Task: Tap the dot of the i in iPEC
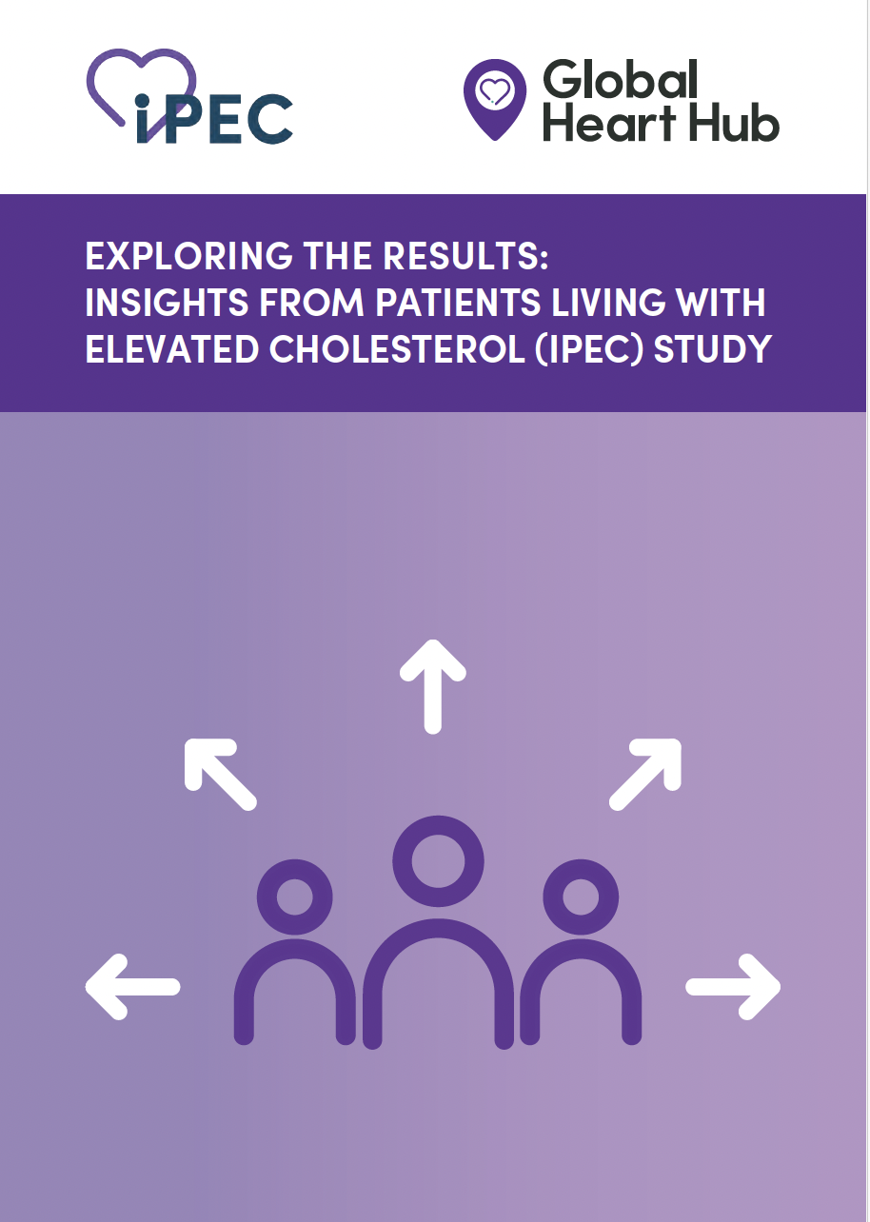coord(142,101)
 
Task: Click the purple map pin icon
coord(494,99)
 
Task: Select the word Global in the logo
coord(621,80)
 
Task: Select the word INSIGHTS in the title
coord(167,303)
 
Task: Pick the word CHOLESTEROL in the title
coord(397,349)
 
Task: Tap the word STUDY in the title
coord(712,349)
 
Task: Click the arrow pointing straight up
coord(432,687)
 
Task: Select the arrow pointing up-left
coord(221,775)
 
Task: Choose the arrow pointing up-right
coord(645,775)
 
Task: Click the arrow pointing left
coord(132,987)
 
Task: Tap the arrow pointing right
coord(733,987)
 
